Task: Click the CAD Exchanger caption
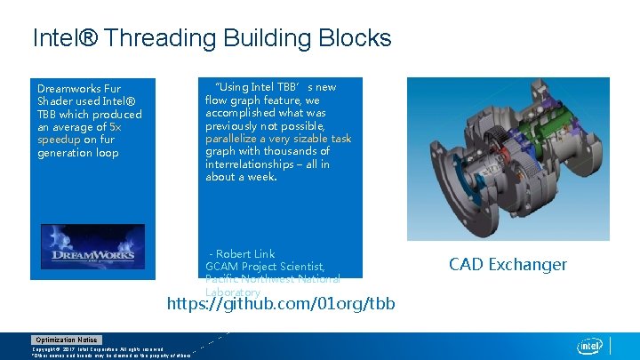[508, 264]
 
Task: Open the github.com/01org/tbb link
[281, 305]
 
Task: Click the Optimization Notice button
[67, 340]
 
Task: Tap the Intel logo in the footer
[589, 345]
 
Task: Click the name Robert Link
[246, 254]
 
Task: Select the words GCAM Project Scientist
[265, 267]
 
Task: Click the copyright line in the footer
[98, 349]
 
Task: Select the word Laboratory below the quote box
[233, 292]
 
